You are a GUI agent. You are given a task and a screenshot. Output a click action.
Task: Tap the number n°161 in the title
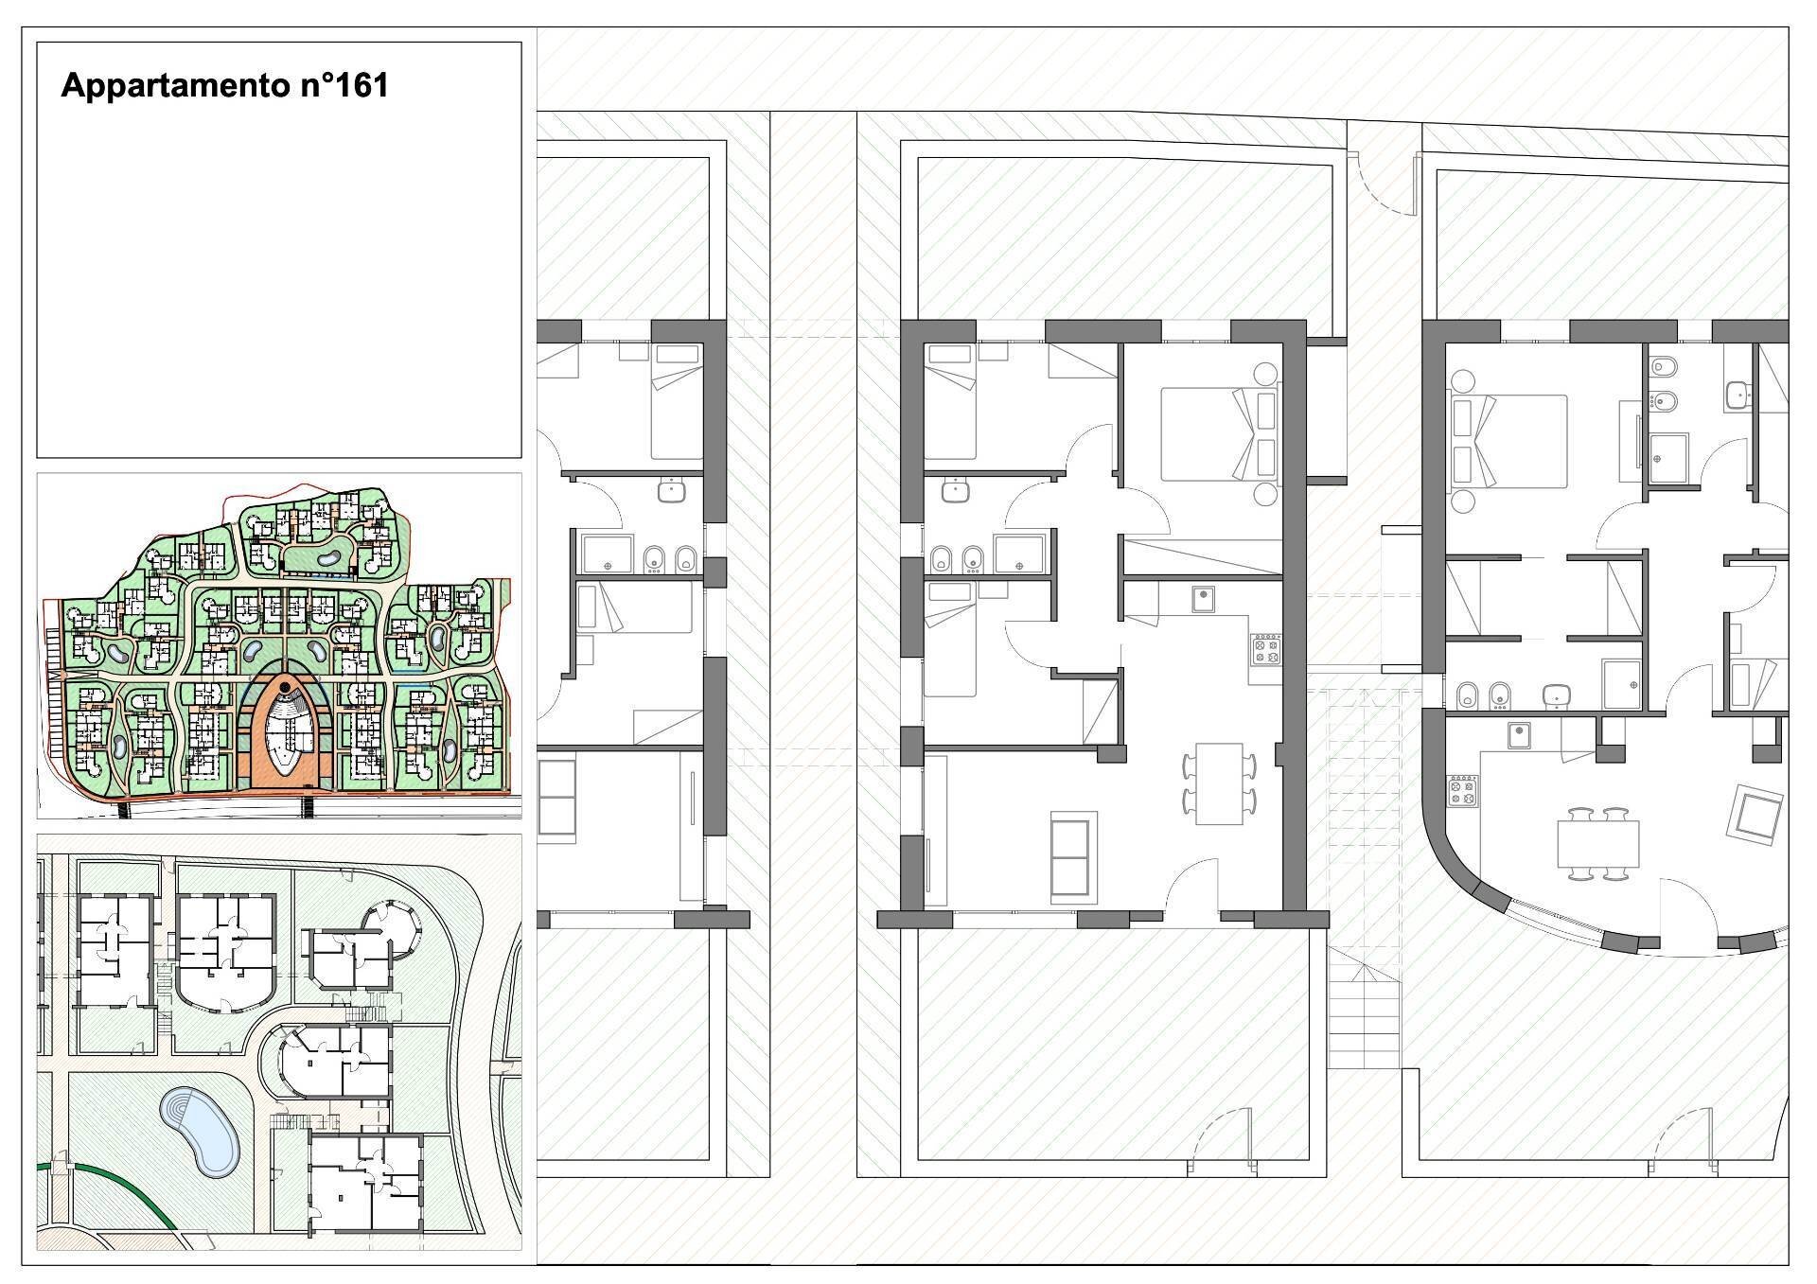(345, 85)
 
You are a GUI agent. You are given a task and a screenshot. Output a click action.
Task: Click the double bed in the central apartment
(1219, 434)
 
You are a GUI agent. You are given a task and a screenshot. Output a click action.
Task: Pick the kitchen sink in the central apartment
(1204, 600)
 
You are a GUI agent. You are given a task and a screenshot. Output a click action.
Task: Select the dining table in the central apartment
(1219, 783)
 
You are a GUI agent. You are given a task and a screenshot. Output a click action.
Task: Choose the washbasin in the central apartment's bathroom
(956, 490)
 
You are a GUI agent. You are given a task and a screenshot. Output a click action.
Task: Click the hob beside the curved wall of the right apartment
(1462, 791)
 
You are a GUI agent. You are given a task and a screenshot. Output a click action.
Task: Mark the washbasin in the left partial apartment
(672, 490)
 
